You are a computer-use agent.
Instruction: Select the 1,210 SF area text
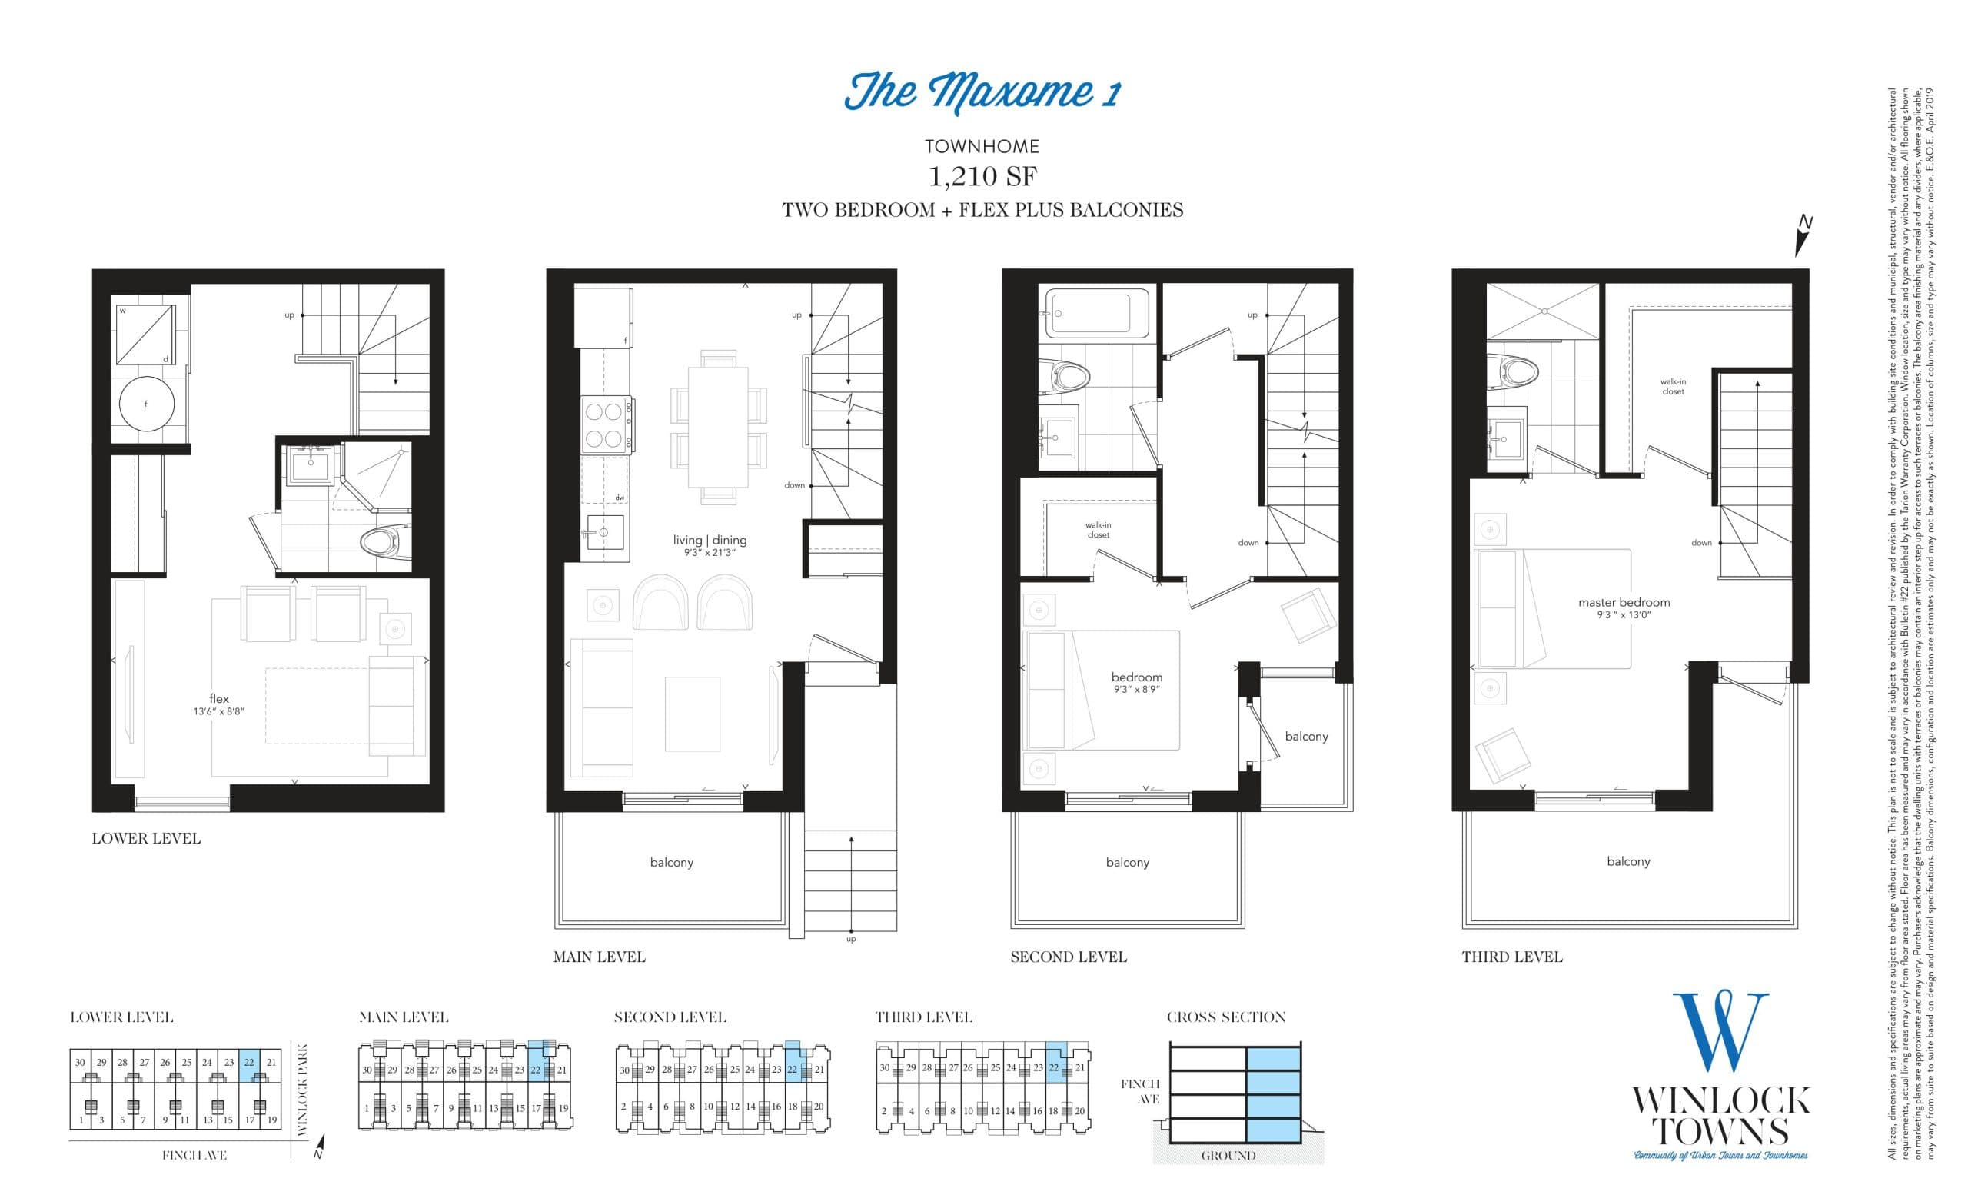[x=982, y=177]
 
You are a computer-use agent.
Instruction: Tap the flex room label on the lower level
[x=219, y=703]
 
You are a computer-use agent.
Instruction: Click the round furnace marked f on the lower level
[x=146, y=404]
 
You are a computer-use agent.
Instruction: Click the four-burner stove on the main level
[x=603, y=425]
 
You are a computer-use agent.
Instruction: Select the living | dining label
[x=710, y=544]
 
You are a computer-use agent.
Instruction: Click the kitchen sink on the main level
[x=603, y=533]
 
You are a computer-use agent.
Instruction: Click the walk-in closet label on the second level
[x=1098, y=530]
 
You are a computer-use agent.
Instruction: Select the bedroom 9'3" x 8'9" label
[x=1135, y=682]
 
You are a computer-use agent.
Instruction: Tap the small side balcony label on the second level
[x=1306, y=737]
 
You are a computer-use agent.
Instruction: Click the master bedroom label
[x=1624, y=607]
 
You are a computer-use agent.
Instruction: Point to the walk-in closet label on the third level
[x=1673, y=387]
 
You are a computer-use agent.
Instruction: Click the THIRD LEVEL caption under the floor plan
[x=1511, y=957]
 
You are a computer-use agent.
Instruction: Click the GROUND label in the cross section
[x=1228, y=1156]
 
